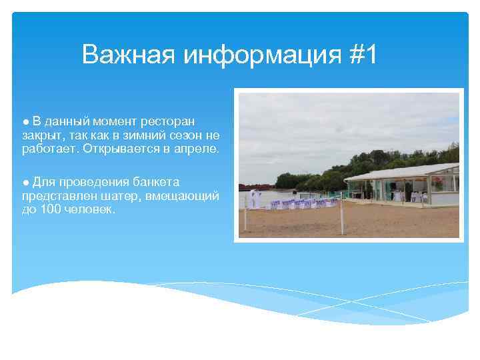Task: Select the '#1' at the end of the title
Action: click(x=362, y=55)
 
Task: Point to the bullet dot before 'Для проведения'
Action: click(x=25, y=182)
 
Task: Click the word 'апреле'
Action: click(x=197, y=149)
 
